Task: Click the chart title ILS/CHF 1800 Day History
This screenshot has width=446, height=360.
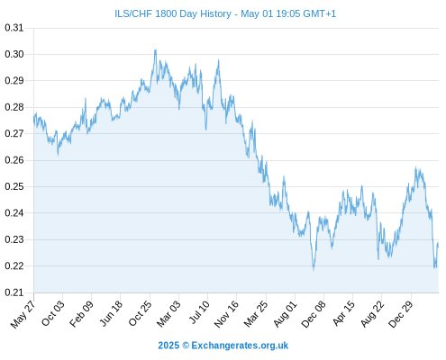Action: [173, 13]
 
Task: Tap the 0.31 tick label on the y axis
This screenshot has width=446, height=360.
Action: [14, 28]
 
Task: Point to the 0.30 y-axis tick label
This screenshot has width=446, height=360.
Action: [14, 54]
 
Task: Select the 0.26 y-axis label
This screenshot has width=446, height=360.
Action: [14, 160]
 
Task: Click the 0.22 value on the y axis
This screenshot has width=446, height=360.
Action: [14, 266]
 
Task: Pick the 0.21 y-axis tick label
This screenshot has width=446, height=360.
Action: [14, 292]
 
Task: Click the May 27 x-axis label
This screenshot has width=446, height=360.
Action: [23, 314]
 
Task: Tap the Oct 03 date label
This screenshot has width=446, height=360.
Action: [52, 313]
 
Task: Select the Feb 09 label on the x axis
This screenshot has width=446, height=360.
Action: [81, 314]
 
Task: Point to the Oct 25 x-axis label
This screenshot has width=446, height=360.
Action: [140, 313]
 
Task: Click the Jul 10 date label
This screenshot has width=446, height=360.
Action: [199, 312]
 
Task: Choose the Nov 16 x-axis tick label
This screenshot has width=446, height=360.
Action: [226, 314]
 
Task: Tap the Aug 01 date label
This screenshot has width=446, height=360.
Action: [285, 314]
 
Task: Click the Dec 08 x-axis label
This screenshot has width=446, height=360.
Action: [314, 314]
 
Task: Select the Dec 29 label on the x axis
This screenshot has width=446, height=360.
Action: [400, 314]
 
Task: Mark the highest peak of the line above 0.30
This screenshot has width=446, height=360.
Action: [155, 50]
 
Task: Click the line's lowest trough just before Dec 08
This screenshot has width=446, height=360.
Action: [314, 270]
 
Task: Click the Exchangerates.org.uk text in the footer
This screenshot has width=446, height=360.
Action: [240, 346]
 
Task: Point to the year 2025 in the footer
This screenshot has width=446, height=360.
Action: [168, 346]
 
